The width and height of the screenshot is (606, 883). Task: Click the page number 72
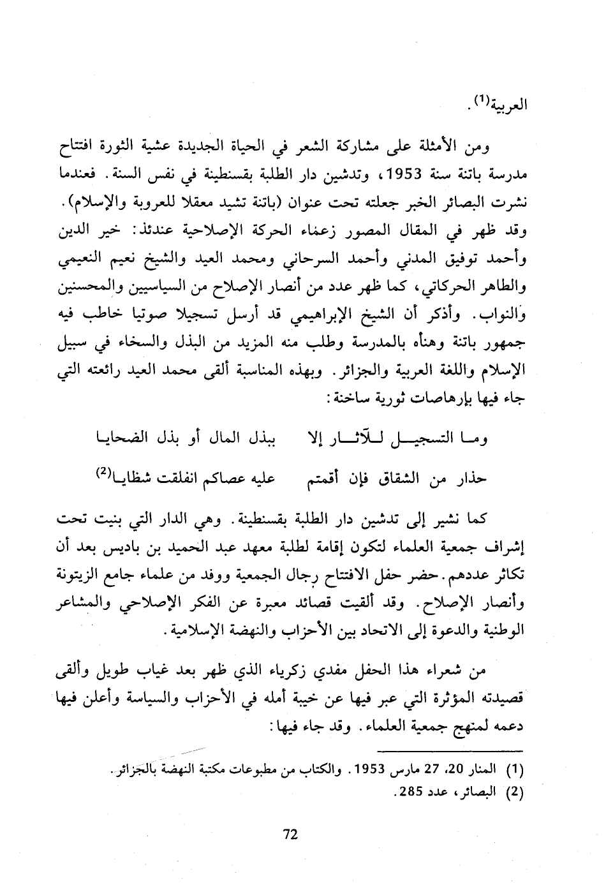click(x=290, y=835)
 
